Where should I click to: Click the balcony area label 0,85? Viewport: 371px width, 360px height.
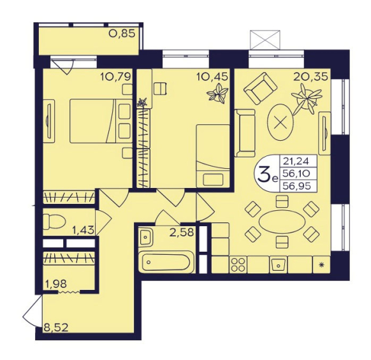coord(122,34)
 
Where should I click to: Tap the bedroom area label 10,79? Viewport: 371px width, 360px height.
coord(115,77)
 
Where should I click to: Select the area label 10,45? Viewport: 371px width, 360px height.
coord(212,76)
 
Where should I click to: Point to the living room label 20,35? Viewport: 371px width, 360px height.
coord(310,77)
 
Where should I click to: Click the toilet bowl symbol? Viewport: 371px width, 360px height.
coord(54,222)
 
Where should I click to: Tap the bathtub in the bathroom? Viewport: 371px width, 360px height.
coord(166,262)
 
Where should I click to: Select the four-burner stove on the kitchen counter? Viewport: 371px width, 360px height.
coord(238,264)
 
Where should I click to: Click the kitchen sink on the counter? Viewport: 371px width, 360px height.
coord(278,264)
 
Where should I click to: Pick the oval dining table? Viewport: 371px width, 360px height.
coord(282,222)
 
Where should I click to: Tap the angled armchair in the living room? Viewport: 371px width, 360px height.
coord(260,89)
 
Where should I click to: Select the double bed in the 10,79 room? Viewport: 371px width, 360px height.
coord(101,121)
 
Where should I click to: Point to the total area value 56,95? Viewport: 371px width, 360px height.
coord(298,186)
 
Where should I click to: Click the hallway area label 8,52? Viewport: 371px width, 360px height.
coord(56,328)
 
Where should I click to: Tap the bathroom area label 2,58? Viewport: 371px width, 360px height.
coord(182,233)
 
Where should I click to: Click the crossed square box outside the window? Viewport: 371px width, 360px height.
coord(265,40)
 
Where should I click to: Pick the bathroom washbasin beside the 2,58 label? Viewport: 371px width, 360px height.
coord(146,237)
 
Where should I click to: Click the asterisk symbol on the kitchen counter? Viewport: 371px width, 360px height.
coord(321,265)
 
